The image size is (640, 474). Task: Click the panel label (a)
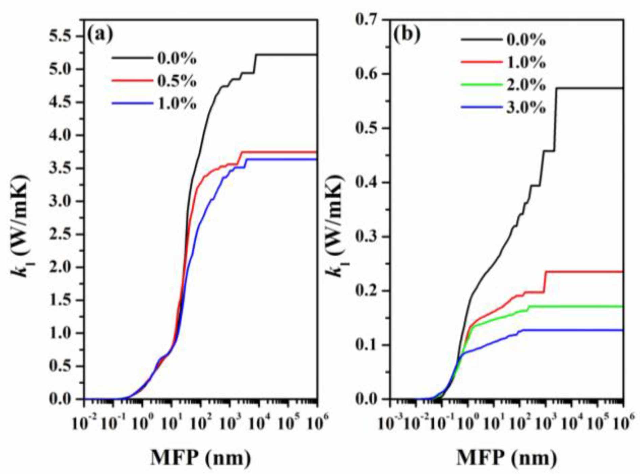[100, 34]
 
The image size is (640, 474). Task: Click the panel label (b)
[406, 34]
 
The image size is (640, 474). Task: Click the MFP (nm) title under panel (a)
[201, 458]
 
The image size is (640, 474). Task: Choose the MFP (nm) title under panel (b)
[507, 458]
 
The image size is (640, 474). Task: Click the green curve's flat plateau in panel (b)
[575, 306]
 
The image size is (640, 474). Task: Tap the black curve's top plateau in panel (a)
[288, 55]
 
